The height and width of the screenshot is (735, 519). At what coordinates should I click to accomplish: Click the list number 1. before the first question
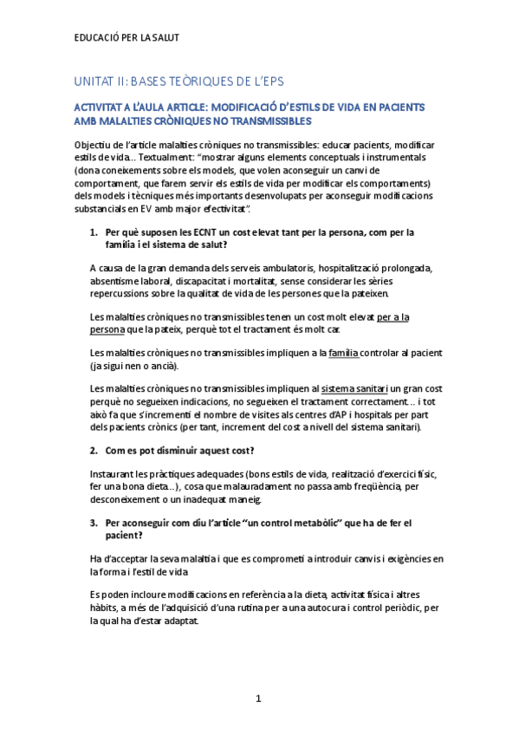[x=94, y=232]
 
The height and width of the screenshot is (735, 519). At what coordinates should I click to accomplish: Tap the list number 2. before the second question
[x=94, y=451]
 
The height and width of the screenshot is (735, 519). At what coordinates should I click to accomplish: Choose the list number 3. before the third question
[x=94, y=524]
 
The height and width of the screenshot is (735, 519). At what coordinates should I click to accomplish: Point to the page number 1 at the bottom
[x=258, y=698]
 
